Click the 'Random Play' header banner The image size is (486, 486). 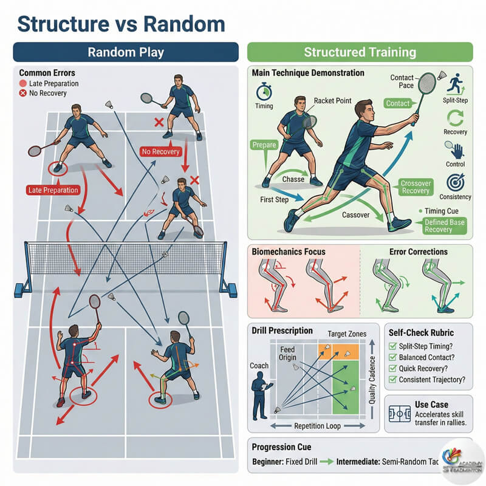125,52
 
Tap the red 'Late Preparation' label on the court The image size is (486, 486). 53,190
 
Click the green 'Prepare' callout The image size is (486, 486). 262,145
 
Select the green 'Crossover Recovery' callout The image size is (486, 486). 415,187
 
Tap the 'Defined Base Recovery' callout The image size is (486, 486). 447,225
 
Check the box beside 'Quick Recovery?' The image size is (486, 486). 393,368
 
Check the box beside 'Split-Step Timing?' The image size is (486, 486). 393,345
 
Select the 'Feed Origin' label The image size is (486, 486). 287,354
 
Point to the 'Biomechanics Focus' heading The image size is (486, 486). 289,252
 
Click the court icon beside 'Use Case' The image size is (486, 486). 399,411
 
